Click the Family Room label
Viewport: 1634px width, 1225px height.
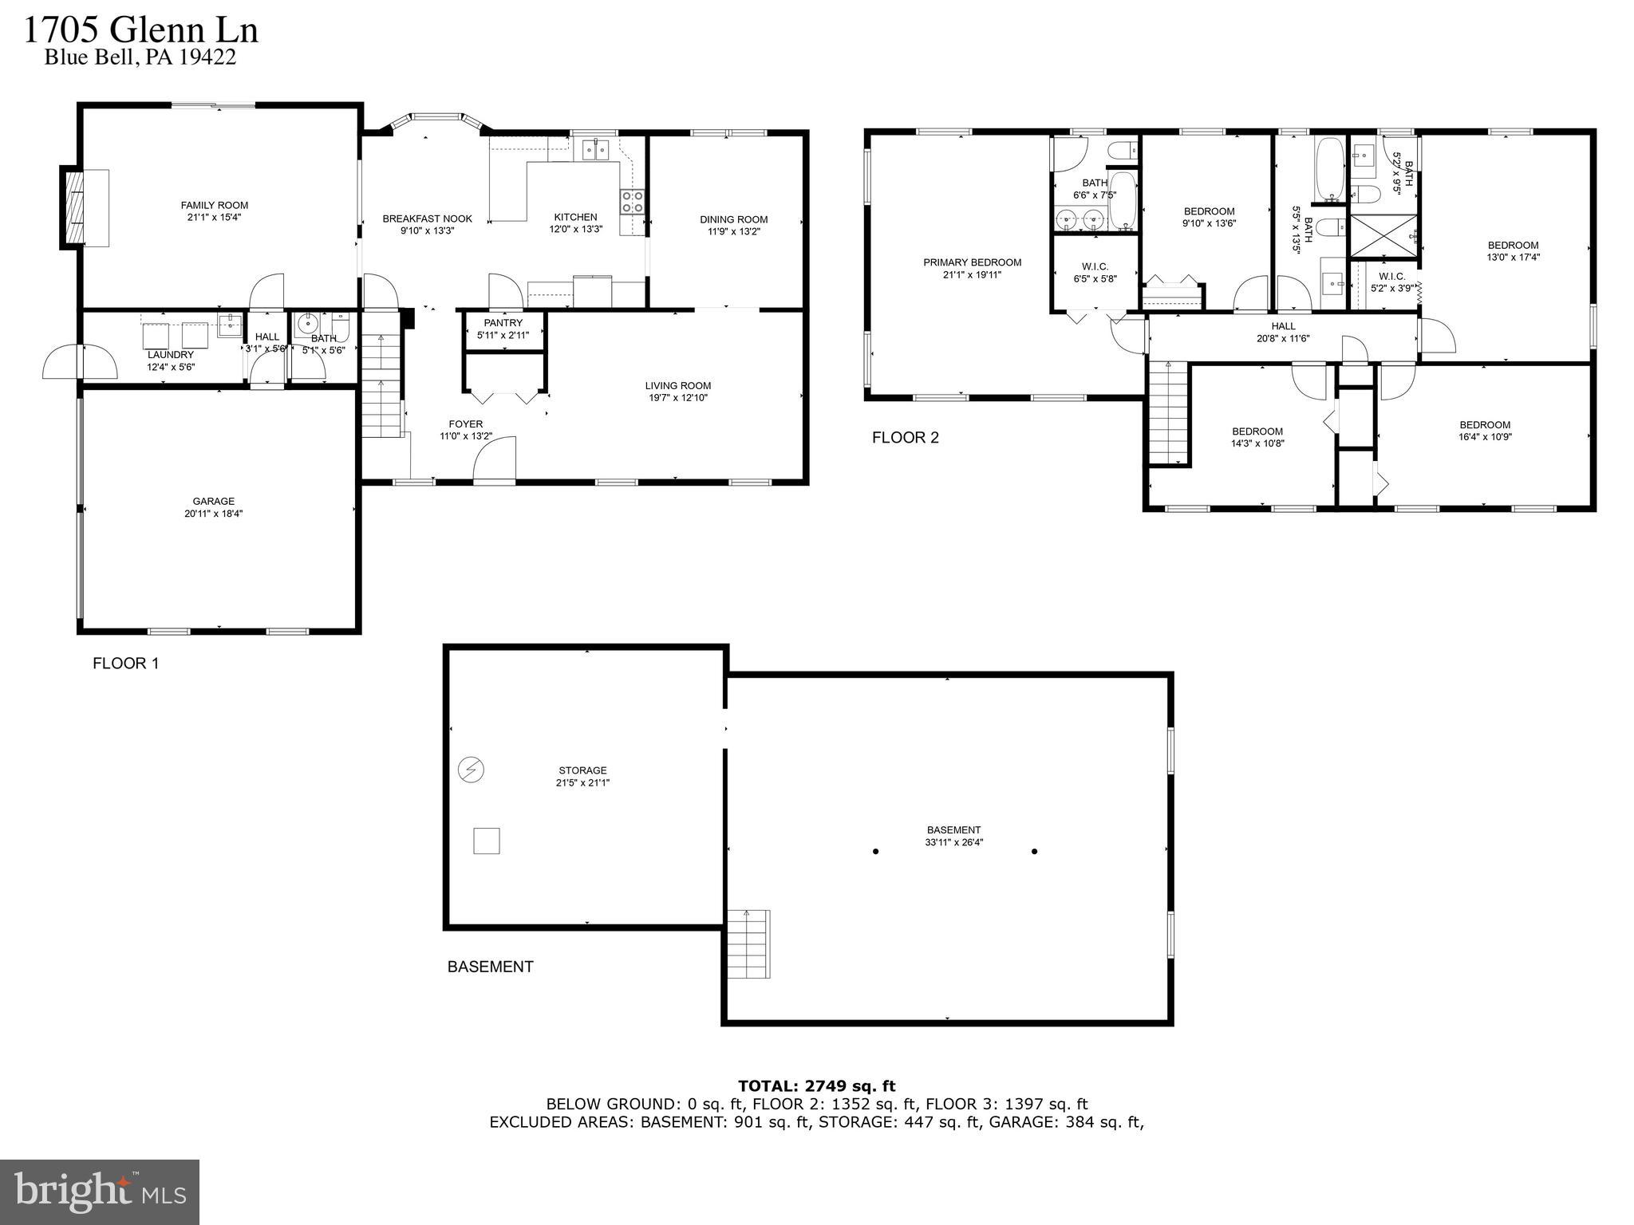point(214,205)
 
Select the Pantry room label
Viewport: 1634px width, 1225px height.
point(503,323)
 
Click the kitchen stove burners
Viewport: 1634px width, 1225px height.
point(633,202)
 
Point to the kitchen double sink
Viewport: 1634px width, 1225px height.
point(594,149)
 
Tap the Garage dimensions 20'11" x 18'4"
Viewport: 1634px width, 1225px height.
point(213,514)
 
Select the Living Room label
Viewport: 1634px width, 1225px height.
point(677,385)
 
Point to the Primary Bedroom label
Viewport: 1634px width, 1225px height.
point(972,262)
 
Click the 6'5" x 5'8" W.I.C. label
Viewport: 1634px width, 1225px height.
point(1095,272)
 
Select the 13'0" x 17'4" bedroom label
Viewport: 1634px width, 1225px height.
point(1512,250)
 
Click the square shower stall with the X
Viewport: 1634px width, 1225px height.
point(1384,235)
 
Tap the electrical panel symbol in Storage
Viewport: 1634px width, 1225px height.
point(472,770)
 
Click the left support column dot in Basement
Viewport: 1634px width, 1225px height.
point(875,851)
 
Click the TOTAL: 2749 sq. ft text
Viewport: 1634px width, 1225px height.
point(816,1085)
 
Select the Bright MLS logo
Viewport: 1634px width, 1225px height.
point(100,1192)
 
